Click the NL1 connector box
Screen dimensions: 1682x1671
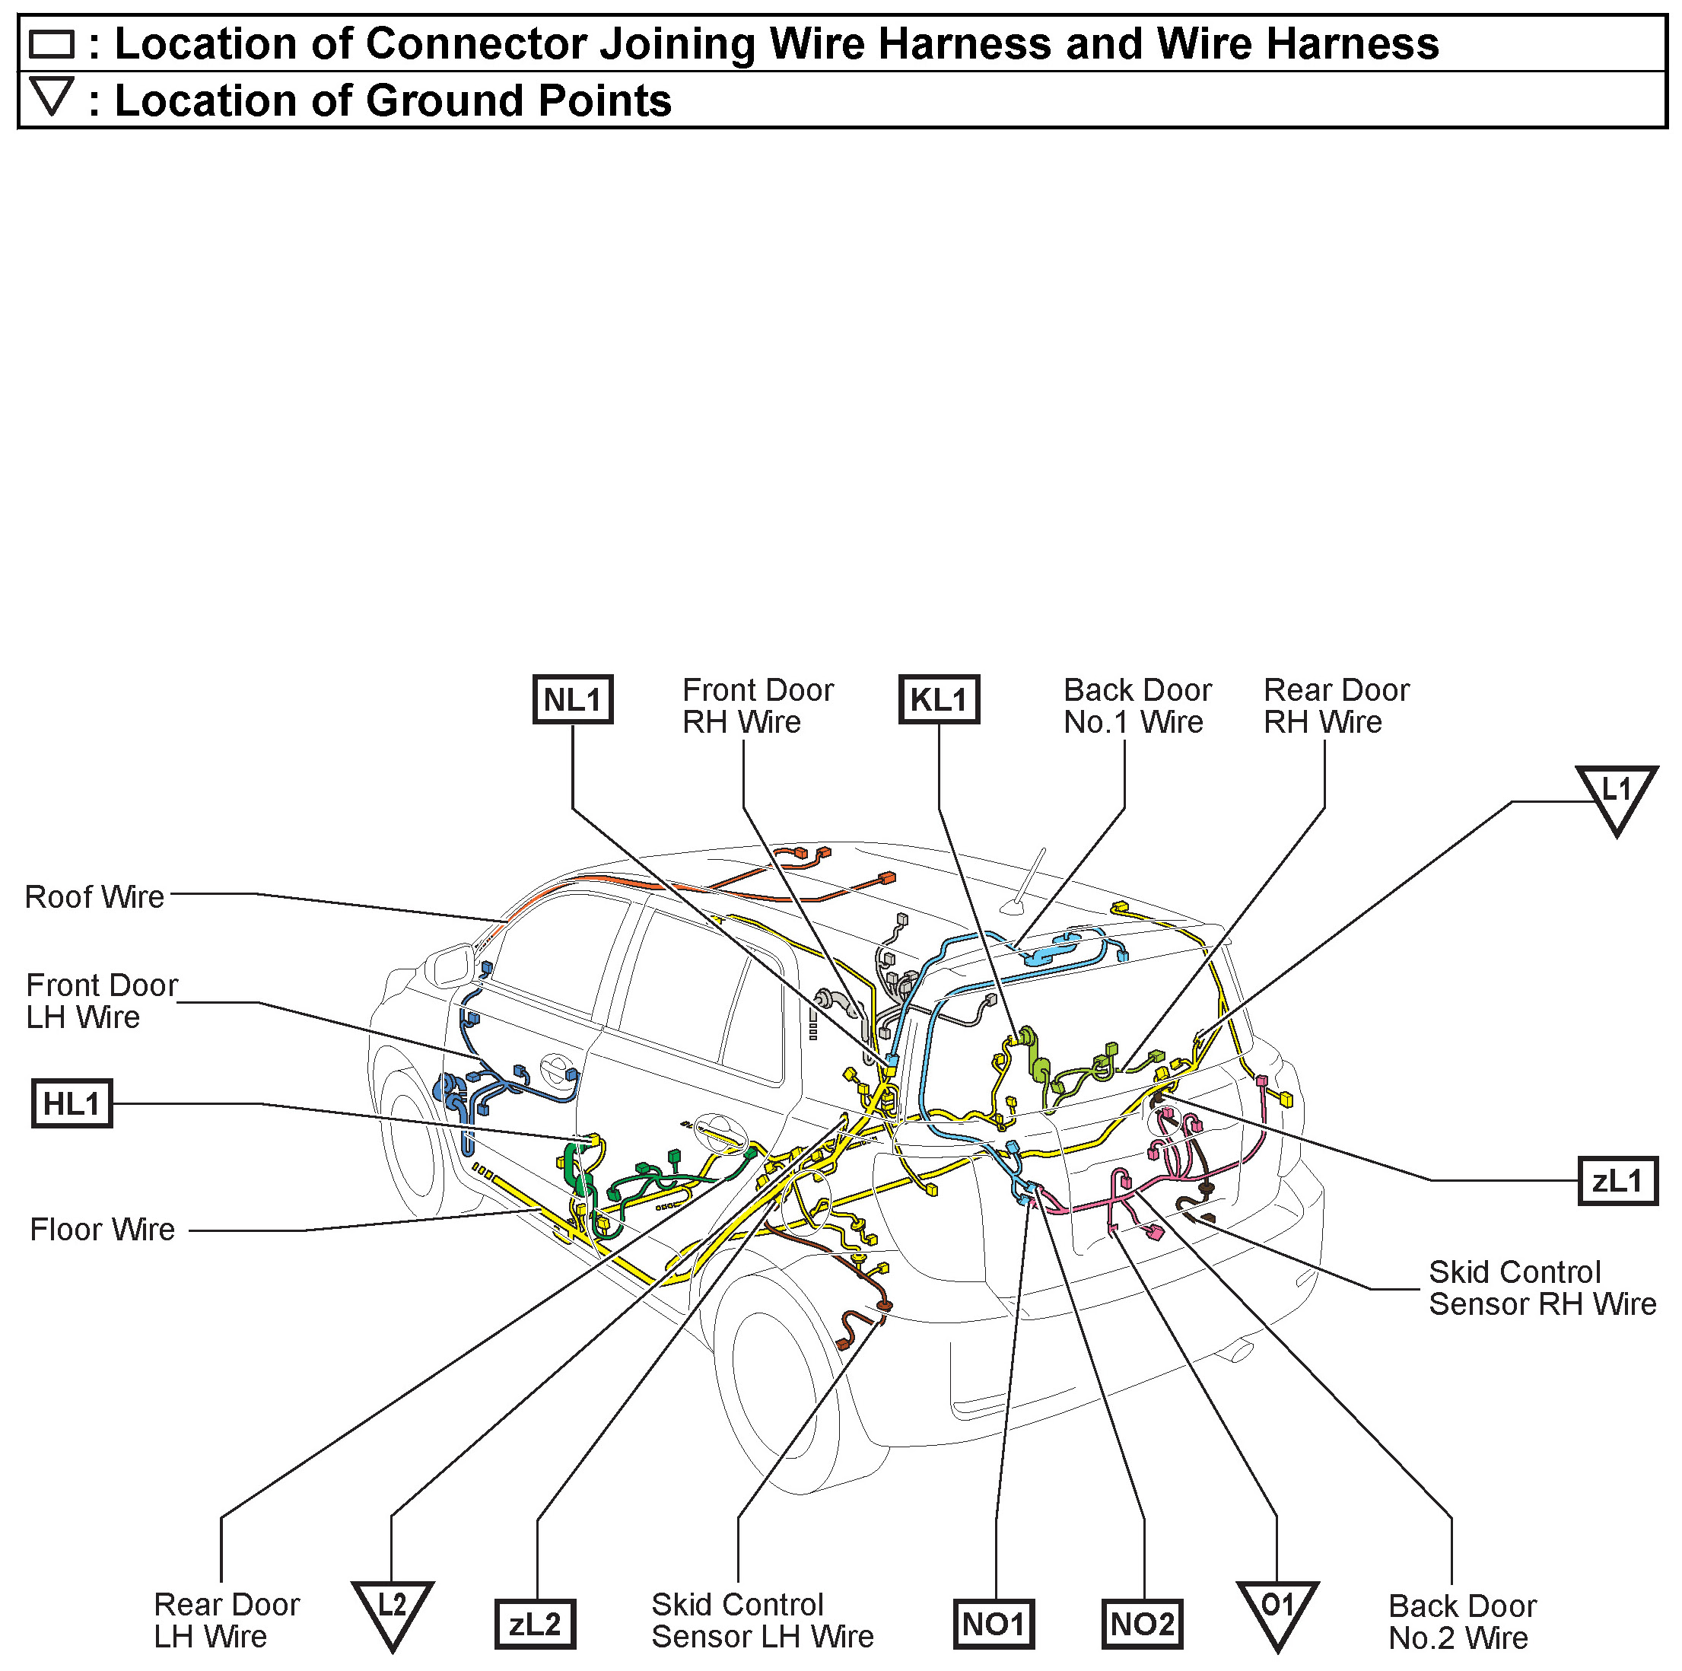572,699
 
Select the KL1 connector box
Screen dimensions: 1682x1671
939,699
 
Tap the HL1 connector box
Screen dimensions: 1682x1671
72,1103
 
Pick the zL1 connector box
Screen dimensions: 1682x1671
1617,1181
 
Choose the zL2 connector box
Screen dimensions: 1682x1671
535,1624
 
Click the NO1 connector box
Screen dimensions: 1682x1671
994,1624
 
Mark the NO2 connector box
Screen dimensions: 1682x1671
1142,1624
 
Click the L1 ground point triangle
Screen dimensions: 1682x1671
1616,795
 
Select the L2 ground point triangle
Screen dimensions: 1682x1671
393,1609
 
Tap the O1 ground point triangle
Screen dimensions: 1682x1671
1277,1609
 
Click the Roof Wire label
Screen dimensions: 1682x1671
94,897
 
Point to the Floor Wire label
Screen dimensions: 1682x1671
103,1230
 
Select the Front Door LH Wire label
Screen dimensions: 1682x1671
102,1001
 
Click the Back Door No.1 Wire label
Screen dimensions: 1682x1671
1137,705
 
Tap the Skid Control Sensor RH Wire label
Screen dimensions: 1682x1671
1542,1287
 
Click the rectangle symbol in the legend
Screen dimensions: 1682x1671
52,43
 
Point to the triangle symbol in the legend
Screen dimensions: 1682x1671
52,96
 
